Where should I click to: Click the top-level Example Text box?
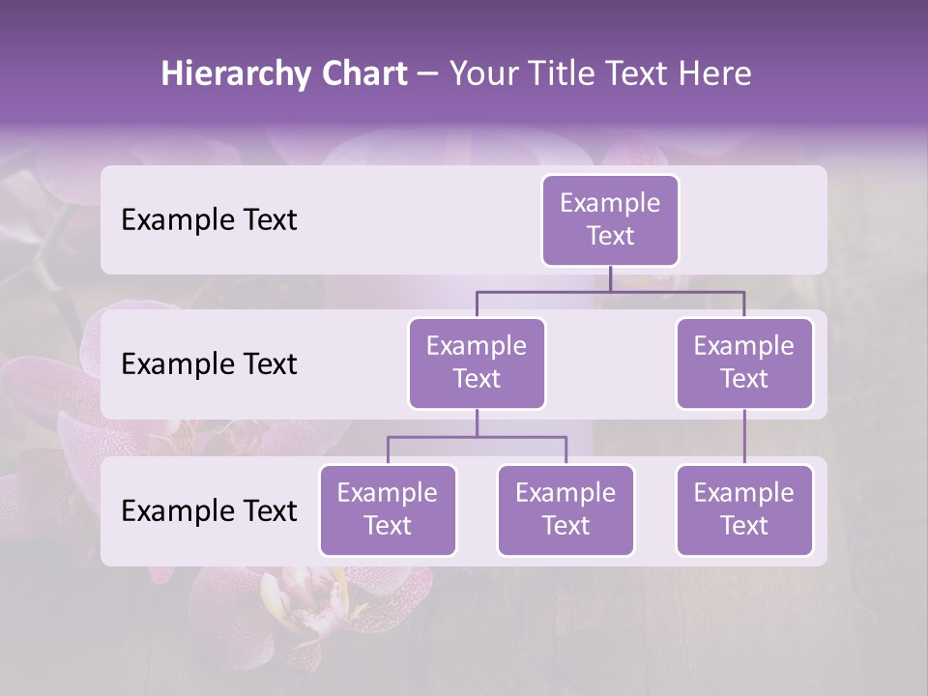(x=610, y=219)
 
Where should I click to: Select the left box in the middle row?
(x=477, y=362)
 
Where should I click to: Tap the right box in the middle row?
(x=744, y=362)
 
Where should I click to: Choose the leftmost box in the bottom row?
(x=388, y=509)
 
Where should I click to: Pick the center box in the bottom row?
(x=565, y=509)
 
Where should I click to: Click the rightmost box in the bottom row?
(x=744, y=509)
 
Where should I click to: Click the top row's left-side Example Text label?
(x=209, y=220)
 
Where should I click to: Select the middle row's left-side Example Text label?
(x=209, y=364)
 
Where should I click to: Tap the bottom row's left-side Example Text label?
(x=209, y=511)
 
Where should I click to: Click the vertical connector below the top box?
(x=610, y=278)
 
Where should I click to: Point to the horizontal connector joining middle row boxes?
(x=610, y=291)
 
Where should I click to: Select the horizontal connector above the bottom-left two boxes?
(x=477, y=437)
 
